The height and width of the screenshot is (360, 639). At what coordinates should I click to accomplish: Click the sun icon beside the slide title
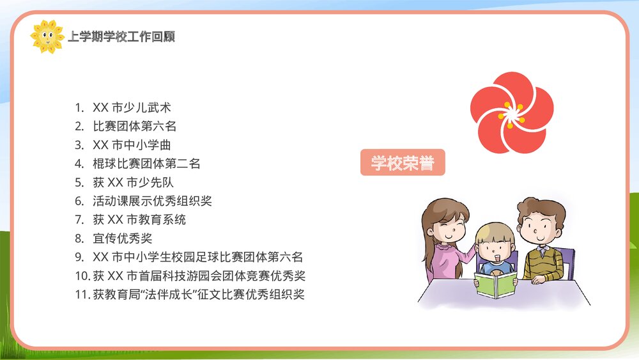(x=47, y=36)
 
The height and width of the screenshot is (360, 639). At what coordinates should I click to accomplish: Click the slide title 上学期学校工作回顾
(x=121, y=37)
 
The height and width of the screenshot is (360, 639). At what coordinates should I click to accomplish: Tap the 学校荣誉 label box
(x=403, y=162)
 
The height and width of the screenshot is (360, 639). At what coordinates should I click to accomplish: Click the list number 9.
(x=79, y=257)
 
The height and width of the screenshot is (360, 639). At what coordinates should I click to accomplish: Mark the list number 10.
(x=81, y=276)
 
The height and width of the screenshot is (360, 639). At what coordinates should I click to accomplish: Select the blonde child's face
(x=495, y=247)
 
